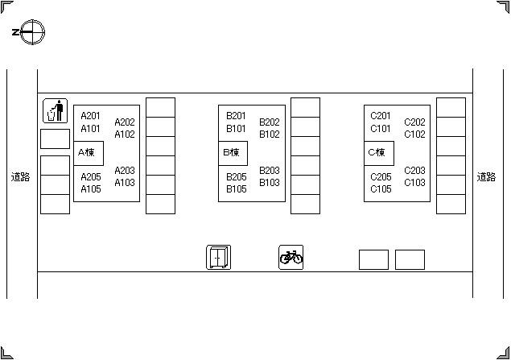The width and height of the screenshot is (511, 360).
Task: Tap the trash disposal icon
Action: [55, 111]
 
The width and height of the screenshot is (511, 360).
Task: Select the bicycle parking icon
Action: [291, 257]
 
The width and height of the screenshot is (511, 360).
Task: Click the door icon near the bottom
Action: [218, 257]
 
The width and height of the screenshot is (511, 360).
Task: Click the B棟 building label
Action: [231, 152]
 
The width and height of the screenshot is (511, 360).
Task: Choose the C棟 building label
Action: [376, 152]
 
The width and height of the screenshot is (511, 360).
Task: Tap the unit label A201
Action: [91, 116]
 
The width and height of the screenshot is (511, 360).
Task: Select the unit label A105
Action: [91, 189]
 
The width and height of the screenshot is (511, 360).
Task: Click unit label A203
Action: [125, 171]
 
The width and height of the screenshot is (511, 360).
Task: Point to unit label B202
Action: [270, 122]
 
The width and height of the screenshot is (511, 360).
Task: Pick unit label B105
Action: [236, 189]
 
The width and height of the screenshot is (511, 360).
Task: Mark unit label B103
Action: [270, 183]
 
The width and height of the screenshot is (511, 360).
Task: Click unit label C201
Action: [381, 116]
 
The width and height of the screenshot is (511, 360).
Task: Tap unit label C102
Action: [414, 134]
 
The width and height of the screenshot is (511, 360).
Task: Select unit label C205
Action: [381, 177]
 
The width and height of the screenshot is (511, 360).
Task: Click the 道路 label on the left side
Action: [20, 177]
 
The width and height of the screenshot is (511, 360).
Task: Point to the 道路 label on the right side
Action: [486, 177]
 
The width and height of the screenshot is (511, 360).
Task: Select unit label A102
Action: [125, 134]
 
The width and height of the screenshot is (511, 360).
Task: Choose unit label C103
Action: [414, 183]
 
